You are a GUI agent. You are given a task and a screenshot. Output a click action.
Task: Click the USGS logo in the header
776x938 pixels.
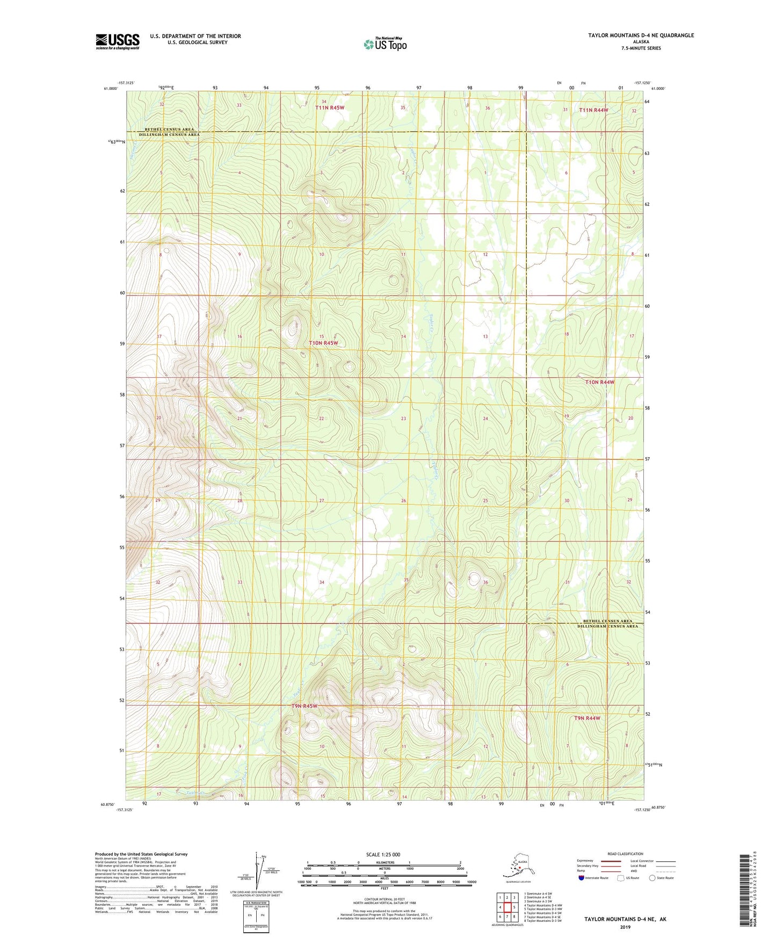[118, 41]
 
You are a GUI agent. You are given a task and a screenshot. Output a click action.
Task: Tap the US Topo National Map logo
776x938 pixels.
[385, 44]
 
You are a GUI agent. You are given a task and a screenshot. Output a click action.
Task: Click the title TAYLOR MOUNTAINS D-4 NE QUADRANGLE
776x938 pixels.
[641, 35]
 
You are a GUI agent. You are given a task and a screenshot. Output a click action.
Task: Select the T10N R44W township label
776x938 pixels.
[600, 382]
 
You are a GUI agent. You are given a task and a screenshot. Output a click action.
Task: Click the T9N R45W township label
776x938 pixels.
[304, 706]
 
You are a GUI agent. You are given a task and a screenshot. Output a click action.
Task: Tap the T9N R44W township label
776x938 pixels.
[587, 718]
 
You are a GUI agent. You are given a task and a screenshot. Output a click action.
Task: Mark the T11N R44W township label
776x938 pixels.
[594, 110]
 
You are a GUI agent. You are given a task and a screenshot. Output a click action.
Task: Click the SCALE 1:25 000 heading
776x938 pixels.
[383, 854]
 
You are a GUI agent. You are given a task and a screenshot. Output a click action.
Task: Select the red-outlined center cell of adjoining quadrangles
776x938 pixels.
[507, 907]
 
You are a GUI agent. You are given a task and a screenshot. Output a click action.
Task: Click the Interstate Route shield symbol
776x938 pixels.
[581, 878]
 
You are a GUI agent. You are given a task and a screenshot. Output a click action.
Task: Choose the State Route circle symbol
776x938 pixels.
[652, 878]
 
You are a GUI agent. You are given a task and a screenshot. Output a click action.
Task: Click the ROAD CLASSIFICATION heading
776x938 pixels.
[625, 854]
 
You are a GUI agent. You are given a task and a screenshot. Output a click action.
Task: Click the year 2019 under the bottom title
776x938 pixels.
[625, 927]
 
